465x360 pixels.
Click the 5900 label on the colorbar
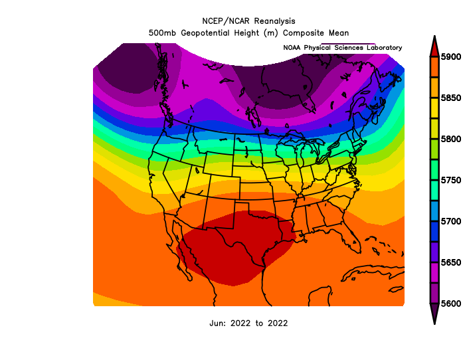coord(451,56)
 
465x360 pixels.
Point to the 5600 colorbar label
coord(451,304)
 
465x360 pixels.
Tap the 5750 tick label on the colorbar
coord(451,180)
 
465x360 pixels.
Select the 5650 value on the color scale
coord(451,262)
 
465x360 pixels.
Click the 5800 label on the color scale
coord(451,139)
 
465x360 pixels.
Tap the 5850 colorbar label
coord(451,98)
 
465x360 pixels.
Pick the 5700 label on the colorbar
coord(451,221)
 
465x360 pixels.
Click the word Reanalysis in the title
coord(274,21)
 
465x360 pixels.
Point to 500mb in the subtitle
coord(162,33)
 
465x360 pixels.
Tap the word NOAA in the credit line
coord(292,48)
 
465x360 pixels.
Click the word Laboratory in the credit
coord(385,48)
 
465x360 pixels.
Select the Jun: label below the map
coord(218,323)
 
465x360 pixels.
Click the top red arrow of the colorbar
coord(434,46)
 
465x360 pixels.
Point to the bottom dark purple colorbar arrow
coord(434,314)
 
